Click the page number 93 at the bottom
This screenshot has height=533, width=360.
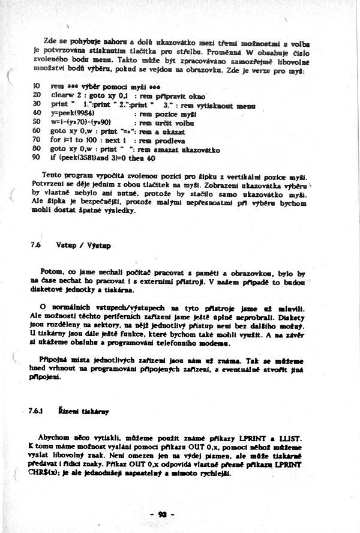pos(162,514)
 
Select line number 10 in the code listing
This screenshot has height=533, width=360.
pos(36,86)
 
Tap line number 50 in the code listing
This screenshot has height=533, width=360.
pos(36,122)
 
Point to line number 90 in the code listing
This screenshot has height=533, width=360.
pos(36,158)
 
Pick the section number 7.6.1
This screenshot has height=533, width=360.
pos(36,412)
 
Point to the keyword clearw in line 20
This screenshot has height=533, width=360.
pos(62,95)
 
